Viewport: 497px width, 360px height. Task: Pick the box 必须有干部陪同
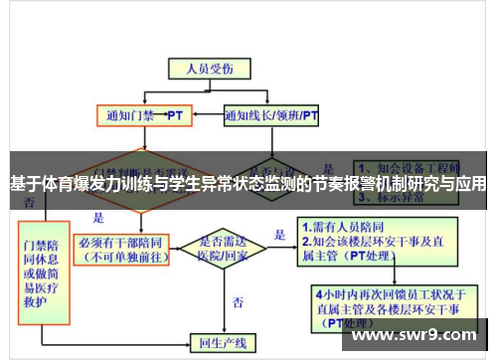[x=125, y=247]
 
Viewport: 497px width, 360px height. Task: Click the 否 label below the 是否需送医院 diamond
[x=238, y=299]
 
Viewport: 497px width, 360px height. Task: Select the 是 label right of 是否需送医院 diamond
[x=280, y=236]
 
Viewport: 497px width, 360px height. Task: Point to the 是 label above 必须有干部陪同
[x=98, y=217]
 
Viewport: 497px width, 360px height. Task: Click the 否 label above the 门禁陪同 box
[x=29, y=201]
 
